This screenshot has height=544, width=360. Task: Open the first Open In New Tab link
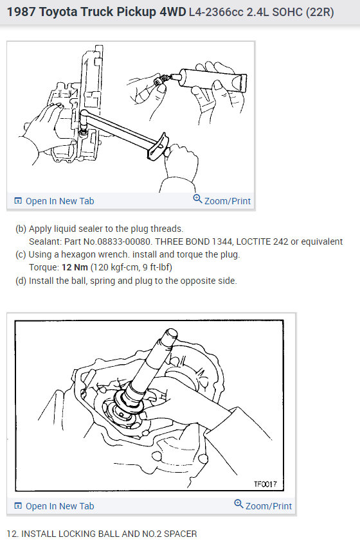click(x=59, y=201)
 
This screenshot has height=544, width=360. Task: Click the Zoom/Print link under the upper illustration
click(x=227, y=201)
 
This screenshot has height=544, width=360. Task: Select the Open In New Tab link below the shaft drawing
click(x=59, y=506)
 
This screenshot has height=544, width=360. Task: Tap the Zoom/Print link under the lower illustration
click(x=268, y=506)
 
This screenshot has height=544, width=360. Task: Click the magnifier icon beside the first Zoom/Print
click(x=198, y=200)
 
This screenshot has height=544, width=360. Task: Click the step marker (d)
click(x=21, y=281)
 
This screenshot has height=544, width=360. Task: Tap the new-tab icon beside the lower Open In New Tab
click(x=18, y=506)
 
